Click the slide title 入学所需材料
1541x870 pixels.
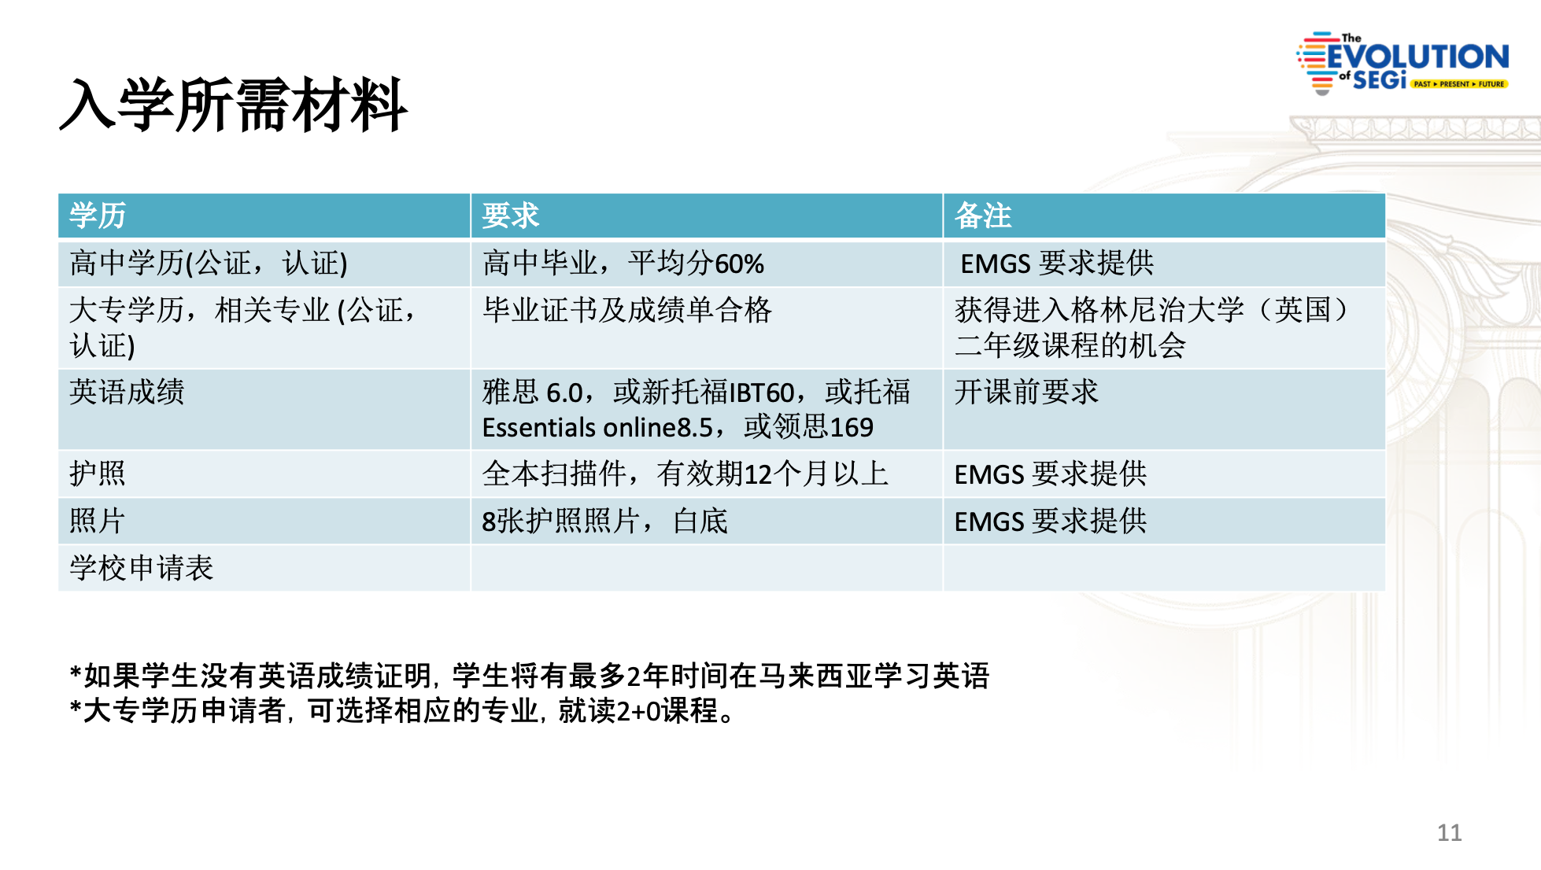point(234,105)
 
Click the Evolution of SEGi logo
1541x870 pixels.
point(1402,63)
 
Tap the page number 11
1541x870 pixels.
point(1449,832)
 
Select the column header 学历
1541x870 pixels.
point(98,216)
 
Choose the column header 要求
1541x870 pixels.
point(511,216)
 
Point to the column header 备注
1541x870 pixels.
point(983,216)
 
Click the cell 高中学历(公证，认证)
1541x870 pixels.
point(209,264)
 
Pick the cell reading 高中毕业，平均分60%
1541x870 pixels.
point(623,264)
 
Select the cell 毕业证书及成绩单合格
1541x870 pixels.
point(627,310)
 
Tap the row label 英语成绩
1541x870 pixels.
point(127,392)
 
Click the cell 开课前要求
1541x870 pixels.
point(1026,392)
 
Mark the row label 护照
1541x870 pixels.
point(98,474)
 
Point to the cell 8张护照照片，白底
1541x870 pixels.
point(605,521)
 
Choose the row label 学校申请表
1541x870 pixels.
point(142,568)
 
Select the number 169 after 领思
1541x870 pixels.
point(852,427)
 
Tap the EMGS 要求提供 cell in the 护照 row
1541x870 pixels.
point(1051,474)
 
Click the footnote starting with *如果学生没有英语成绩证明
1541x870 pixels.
point(530,676)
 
